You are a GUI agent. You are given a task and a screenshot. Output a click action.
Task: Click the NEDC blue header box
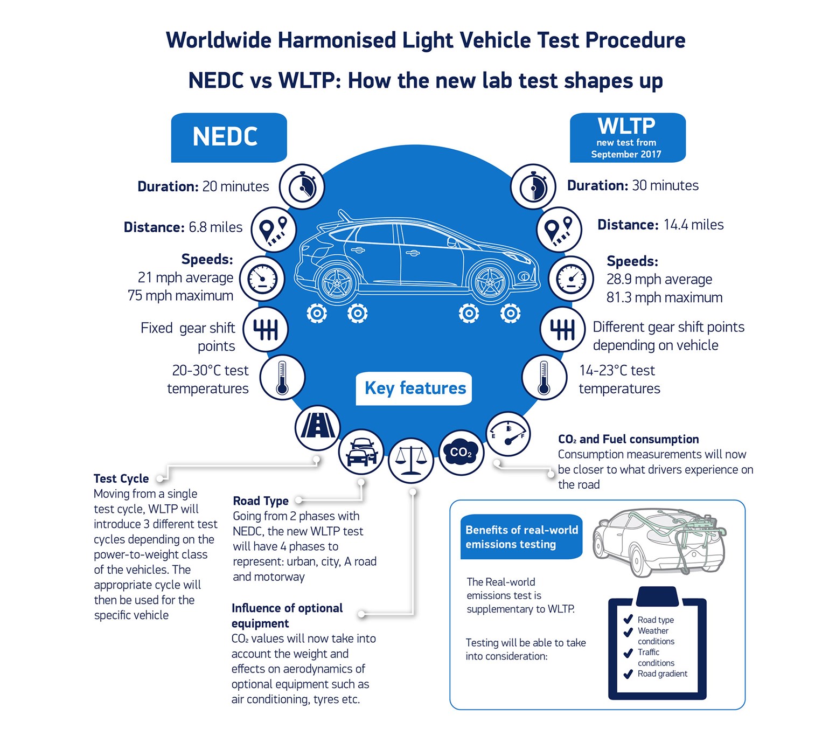[x=228, y=137]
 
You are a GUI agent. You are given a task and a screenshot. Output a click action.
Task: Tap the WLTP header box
[x=627, y=137]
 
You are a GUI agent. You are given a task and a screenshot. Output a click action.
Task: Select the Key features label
[x=414, y=388]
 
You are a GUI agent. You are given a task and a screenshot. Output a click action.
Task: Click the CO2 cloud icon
[x=461, y=453]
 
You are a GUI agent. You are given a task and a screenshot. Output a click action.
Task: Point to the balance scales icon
[x=410, y=460]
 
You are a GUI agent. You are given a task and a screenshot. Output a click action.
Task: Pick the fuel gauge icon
[x=508, y=434]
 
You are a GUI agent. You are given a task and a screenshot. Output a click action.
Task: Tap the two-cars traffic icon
[x=361, y=452]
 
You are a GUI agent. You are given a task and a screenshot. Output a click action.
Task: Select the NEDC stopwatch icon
[x=302, y=186]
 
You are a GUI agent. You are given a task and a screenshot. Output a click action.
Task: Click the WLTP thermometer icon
[x=544, y=377]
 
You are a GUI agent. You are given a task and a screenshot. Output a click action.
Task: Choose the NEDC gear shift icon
[x=265, y=329]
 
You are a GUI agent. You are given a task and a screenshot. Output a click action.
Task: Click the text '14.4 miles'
[x=693, y=225]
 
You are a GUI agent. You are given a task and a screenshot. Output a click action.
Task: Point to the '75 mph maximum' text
[x=180, y=296]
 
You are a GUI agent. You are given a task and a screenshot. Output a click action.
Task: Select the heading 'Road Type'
[x=260, y=501]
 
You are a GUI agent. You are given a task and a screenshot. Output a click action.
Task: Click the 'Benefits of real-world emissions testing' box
[x=521, y=537]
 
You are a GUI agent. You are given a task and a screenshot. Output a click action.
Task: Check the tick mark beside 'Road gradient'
[x=628, y=674]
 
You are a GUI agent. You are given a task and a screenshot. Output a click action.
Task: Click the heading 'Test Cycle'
[x=121, y=478]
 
